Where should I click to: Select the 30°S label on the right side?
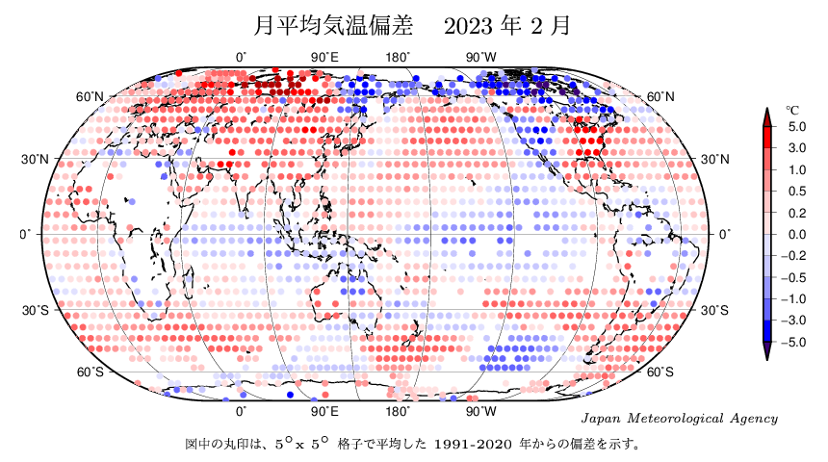[x=713, y=310]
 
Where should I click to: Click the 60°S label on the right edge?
[x=660, y=372]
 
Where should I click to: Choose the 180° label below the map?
[x=399, y=411]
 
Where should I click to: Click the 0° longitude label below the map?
[x=242, y=411]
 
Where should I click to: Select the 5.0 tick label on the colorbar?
[x=796, y=127]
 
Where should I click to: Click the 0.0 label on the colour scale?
[x=796, y=234]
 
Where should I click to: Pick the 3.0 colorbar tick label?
[x=796, y=148]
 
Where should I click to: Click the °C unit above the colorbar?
[x=792, y=110]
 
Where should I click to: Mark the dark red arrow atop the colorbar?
[x=767, y=116]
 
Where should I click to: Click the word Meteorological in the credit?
[x=679, y=419]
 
